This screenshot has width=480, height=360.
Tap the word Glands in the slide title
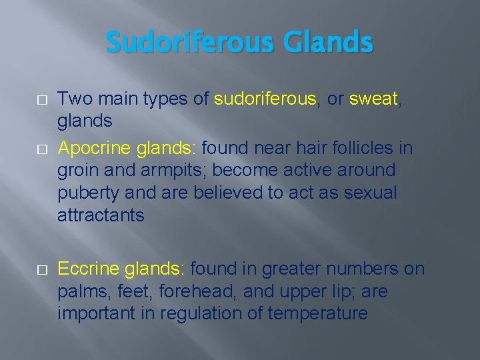click(x=328, y=43)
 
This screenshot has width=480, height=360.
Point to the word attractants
click(x=101, y=215)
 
